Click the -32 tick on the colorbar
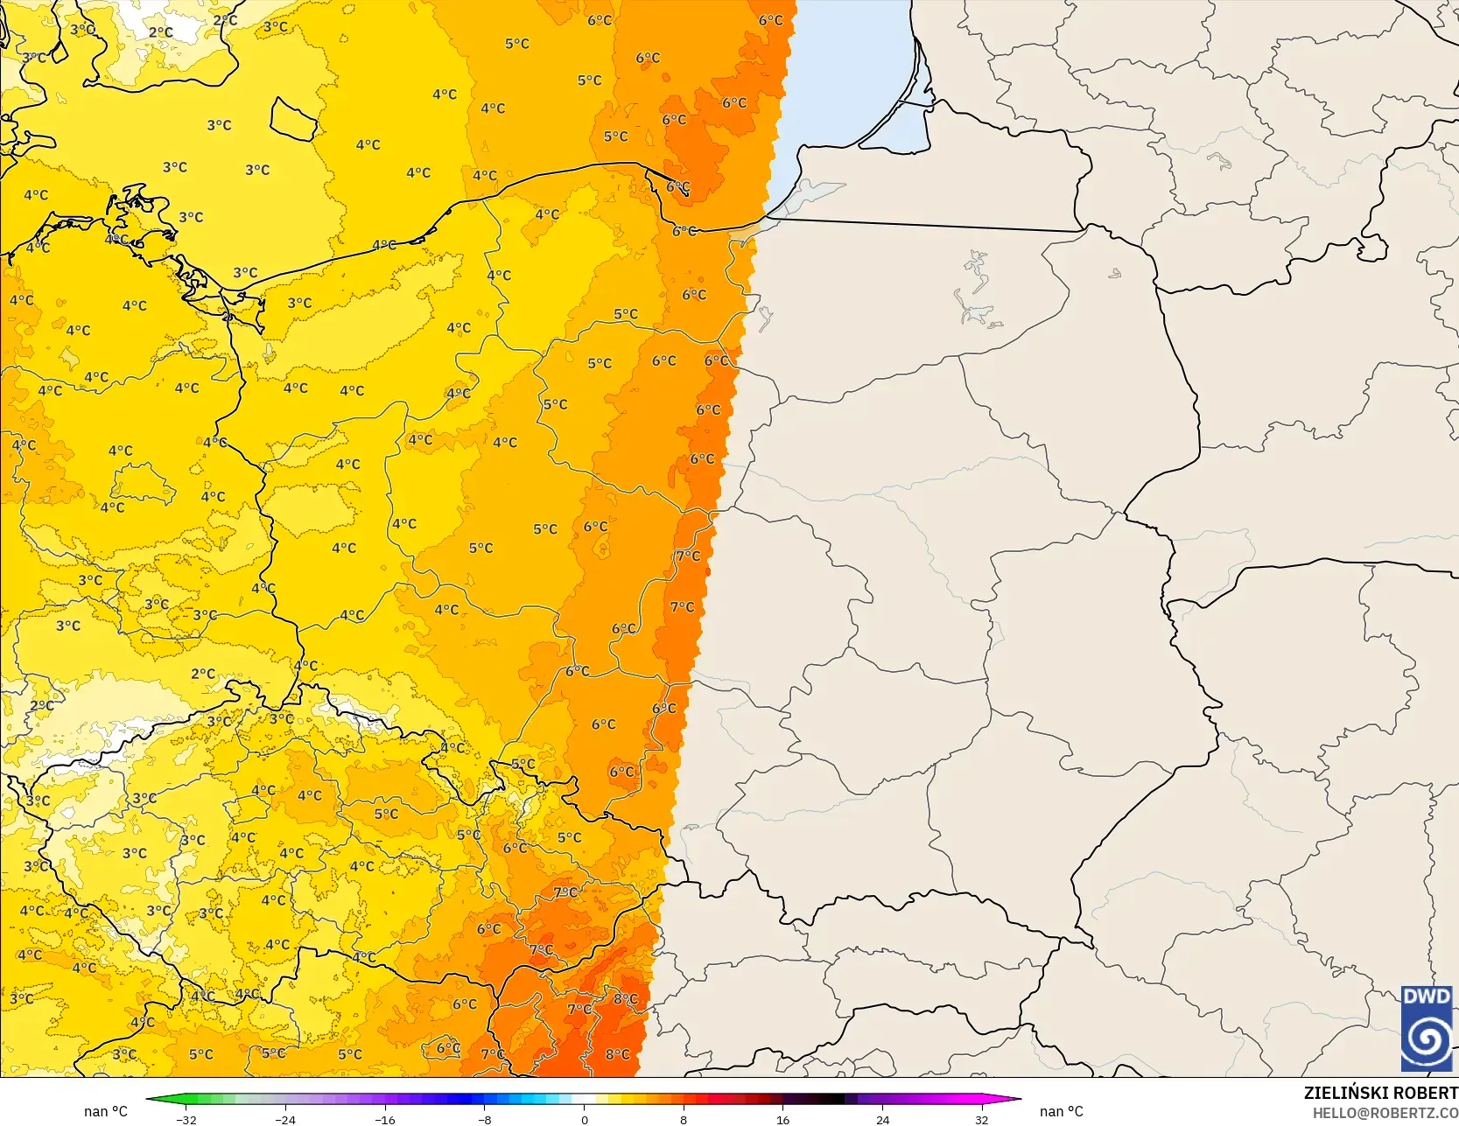coord(186,1119)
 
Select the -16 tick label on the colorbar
coord(385,1119)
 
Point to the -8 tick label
coord(485,1119)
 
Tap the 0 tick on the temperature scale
coord(584,1119)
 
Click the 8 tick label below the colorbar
coord(684,1119)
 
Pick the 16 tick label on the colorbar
coord(783,1119)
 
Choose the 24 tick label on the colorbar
coord(882,1119)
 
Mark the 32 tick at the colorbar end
coord(982,1119)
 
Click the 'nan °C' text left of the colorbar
coord(106,1111)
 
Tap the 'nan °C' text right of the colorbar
coord(1061,1111)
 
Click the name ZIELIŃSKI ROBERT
coord(1380,1093)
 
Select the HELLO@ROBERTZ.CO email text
coord(1385,1112)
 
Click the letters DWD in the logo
coord(1426,997)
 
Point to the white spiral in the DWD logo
coord(1426,1040)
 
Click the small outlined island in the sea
coord(293,119)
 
